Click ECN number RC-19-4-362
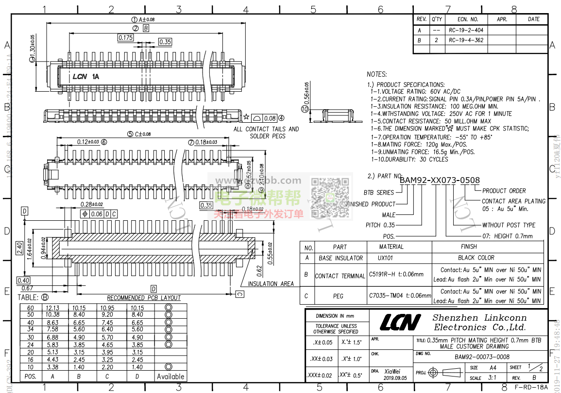click(x=466, y=40)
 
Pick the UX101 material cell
click(x=386, y=258)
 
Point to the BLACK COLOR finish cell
click(x=476, y=258)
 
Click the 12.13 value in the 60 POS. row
click(x=52, y=308)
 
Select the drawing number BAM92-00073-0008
click(x=482, y=357)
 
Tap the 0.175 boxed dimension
click(x=125, y=37)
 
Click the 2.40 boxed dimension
click(x=20, y=248)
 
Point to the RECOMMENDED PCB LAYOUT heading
click(x=144, y=298)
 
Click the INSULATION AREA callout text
click(x=271, y=284)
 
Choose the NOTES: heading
click(x=377, y=75)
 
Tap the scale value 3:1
click(x=492, y=378)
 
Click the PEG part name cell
click(x=338, y=296)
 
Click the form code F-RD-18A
click(x=531, y=387)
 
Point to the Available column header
click(x=170, y=377)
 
